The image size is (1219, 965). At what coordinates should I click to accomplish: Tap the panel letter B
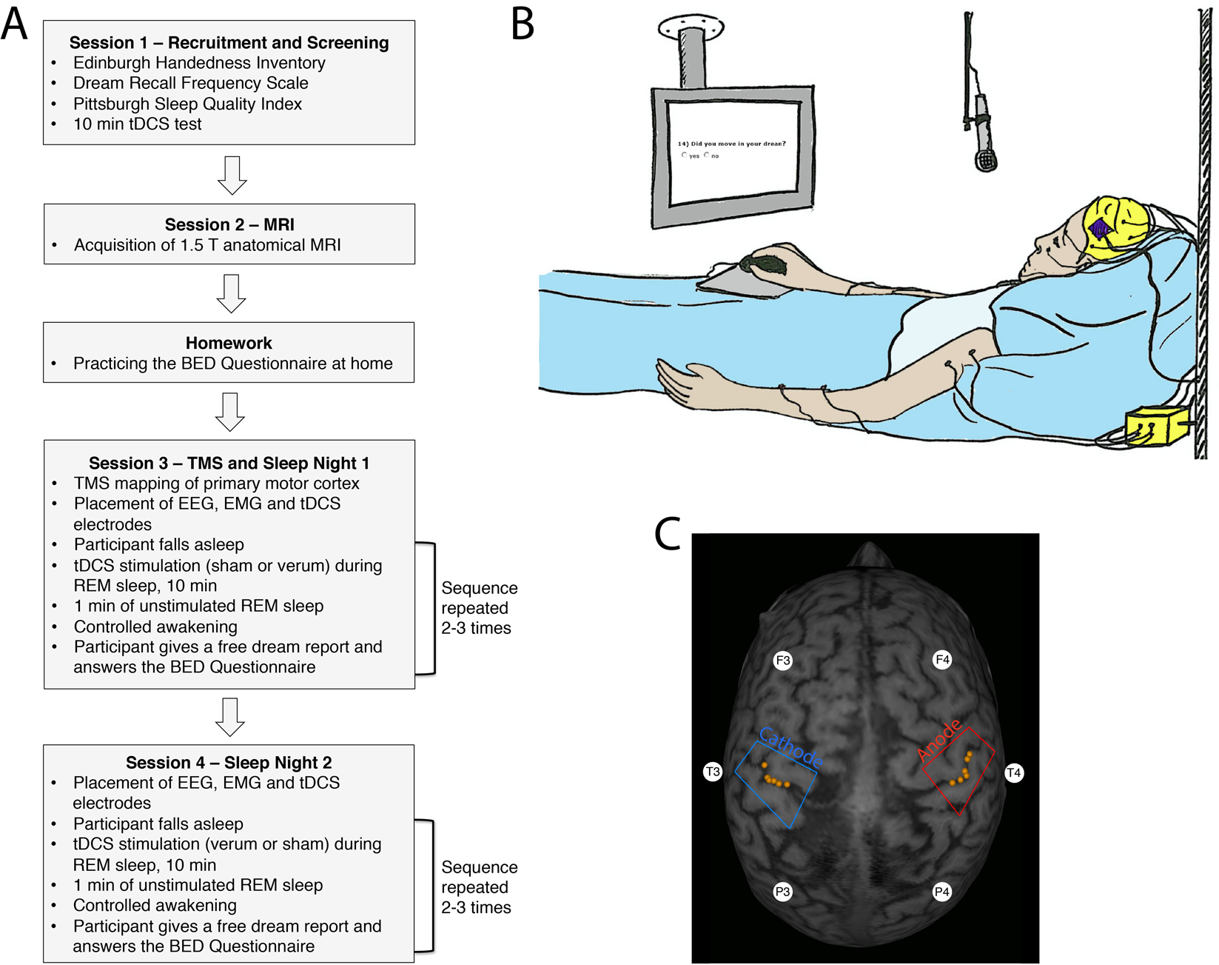[x=523, y=24]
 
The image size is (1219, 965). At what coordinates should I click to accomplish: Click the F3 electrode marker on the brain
[x=782, y=660]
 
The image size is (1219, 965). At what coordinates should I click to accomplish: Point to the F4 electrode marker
[x=942, y=659]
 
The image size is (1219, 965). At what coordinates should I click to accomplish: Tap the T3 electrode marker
[x=712, y=772]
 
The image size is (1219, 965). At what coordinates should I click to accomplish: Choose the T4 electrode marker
[x=1013, y=773]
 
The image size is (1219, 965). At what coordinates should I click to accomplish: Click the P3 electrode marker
[x=782, y=892]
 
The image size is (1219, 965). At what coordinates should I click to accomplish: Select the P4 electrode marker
[x=941, y=892]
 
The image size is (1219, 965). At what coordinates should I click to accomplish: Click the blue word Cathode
[x=791, y=748]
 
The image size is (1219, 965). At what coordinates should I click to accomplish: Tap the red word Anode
[x=939, y=739]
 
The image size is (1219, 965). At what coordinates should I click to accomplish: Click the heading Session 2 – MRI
[x=229, y=224]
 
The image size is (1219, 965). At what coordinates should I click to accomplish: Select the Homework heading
[x=229, y=343]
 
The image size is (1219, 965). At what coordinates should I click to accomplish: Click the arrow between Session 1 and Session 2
[x=232, y=175]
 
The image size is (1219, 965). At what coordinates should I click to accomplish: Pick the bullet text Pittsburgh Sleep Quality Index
[x=187, y=104]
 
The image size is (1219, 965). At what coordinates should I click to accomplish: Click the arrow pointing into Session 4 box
[x=230, y=716]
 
